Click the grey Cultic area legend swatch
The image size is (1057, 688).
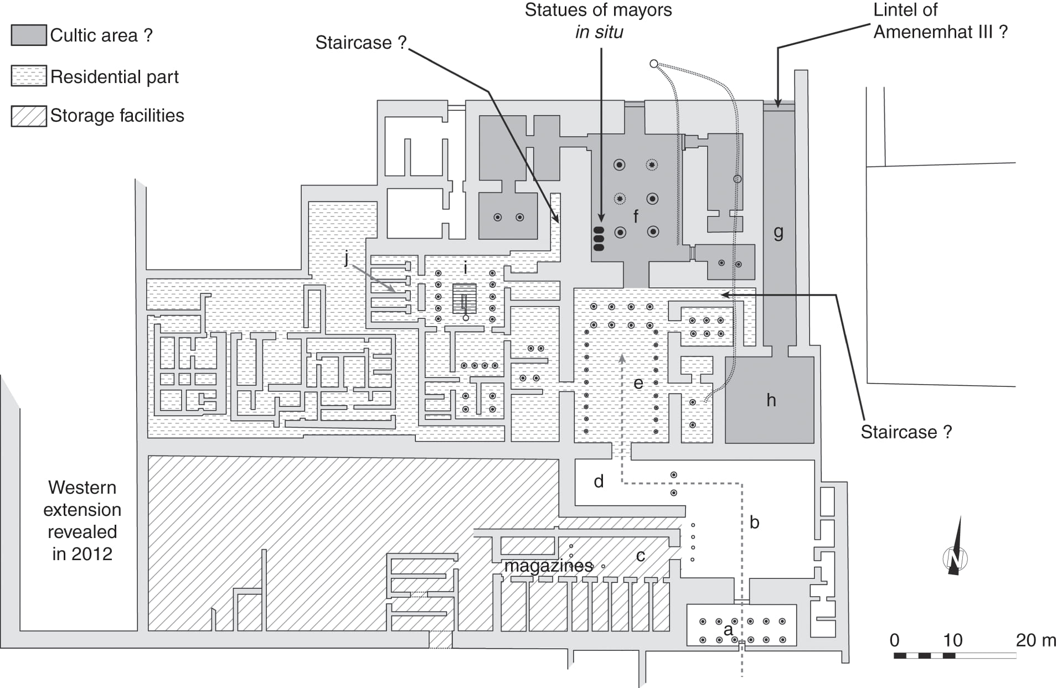tap(29, 35)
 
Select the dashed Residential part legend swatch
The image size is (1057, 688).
tap(29, 76)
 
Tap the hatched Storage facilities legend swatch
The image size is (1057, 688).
tap(29, 116)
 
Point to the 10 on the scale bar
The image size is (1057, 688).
tap(952, 640)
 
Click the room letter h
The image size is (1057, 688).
tap(771, 400)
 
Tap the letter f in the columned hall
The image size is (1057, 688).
tap(636, 216)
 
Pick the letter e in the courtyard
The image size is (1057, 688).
tap(638, 383)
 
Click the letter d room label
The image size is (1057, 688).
tap(599, 482)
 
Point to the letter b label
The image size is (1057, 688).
tap(754, 522)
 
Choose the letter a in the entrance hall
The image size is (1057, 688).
tap(728, 629)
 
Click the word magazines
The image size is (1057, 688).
tap(548, 566)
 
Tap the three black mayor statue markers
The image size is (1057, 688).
tap(599, 239)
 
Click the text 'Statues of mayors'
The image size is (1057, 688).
tap(598, 10)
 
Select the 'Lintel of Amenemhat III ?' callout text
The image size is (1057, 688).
tap(940, 21)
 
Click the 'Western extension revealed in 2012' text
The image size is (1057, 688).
tap(82, 520)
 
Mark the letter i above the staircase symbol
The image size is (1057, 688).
tap(465, 268)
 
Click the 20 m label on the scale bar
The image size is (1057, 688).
tap(1035, 640)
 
